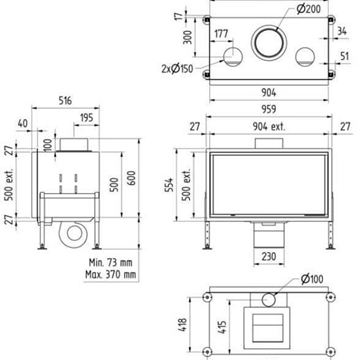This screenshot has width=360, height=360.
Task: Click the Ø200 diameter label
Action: point(308,9)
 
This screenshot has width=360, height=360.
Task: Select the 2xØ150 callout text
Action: point(177,69)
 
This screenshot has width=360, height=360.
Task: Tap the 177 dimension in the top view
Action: point(221,34)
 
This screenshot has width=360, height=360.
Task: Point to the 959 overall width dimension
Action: point(269,109)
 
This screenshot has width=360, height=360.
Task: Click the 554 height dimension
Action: point(170,185)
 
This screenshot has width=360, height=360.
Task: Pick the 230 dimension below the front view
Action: point(269,256)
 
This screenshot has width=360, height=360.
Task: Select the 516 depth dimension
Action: point(65,100)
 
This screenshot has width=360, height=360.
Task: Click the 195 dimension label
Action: point(87,118)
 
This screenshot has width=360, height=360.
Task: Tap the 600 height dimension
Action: point(131,179)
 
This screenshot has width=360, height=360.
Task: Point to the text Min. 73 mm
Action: point(110,262)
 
